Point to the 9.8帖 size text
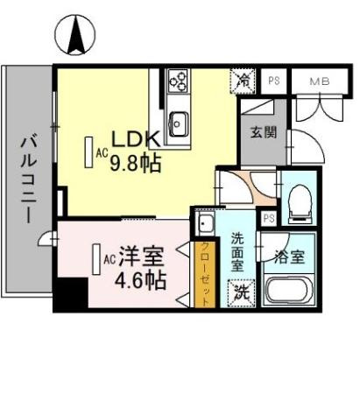pyautogui.click(x=135, y=164)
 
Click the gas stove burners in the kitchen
pyautogui.click(x=179, y=81)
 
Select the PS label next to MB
pyautogui.click(x=274, y=80)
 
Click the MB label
pyautogui.click(x=317, y=80)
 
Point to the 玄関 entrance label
pyautogui.click(x=258, y=133)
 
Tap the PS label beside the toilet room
pyautogui.click(x=268, y=218)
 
